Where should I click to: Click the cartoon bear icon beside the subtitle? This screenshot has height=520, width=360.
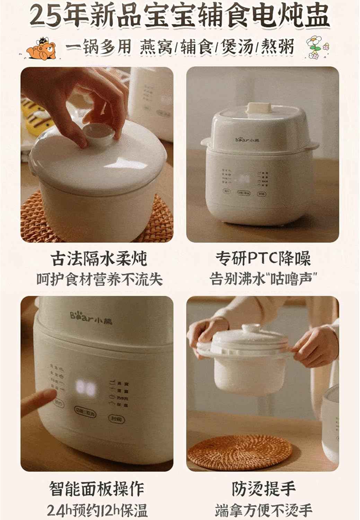pyautogui.click(x=42, y=49)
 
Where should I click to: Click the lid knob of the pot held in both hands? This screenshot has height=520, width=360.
pyautogui.click(x=251, y=328)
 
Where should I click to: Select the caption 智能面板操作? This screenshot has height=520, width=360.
pyautogui.click(x=96, y=488)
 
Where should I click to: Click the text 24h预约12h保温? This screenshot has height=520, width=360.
pyautogui.click(x=97, y=510)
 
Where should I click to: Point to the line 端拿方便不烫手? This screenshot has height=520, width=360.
pyautogui.click(x=263, y=510)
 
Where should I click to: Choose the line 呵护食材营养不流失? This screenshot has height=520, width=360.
pyautogui.click(x=99, y=279)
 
